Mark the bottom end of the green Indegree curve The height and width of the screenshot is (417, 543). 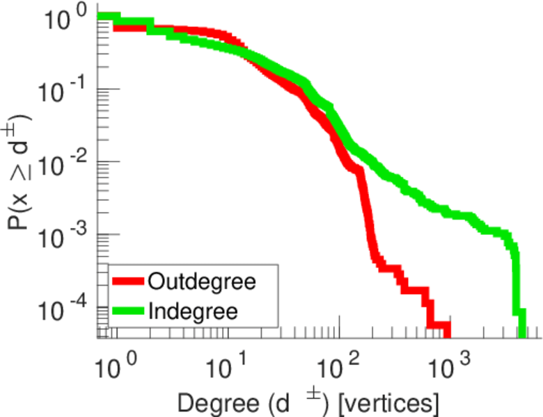point(520,331)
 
